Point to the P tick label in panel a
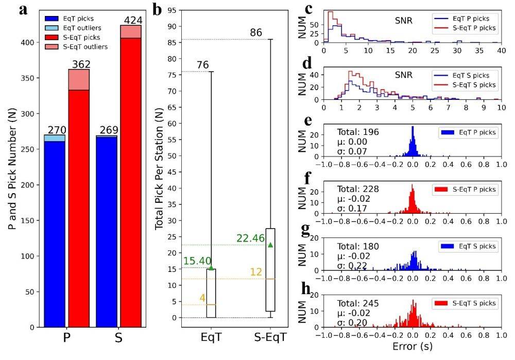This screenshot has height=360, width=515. click(66, 338)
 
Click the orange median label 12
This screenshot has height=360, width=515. click(256, 271)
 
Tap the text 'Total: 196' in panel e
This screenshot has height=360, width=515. click(355, 132)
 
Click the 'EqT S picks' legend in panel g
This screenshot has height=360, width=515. click(470, 247)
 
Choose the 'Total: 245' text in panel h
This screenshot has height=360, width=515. click(355, 303)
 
